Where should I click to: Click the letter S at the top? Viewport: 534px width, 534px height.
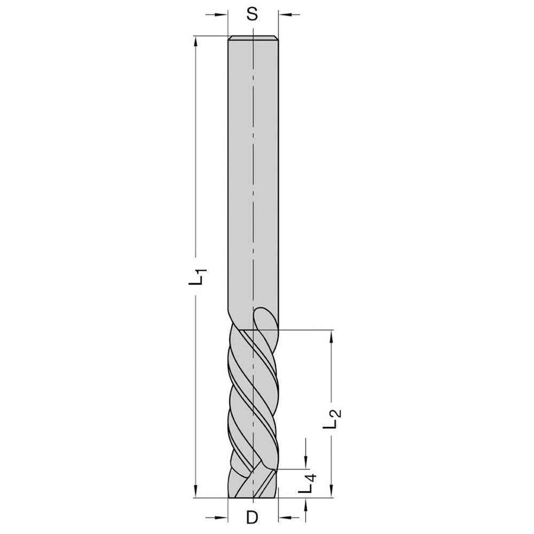tap(252, 14)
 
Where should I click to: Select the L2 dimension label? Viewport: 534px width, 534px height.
tap(332, 418)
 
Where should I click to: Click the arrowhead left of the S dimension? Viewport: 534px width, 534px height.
tap(222, 14)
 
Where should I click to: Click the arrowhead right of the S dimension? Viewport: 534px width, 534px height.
tap(285, 14)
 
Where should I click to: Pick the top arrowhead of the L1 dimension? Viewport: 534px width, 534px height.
tap(195, 42)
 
